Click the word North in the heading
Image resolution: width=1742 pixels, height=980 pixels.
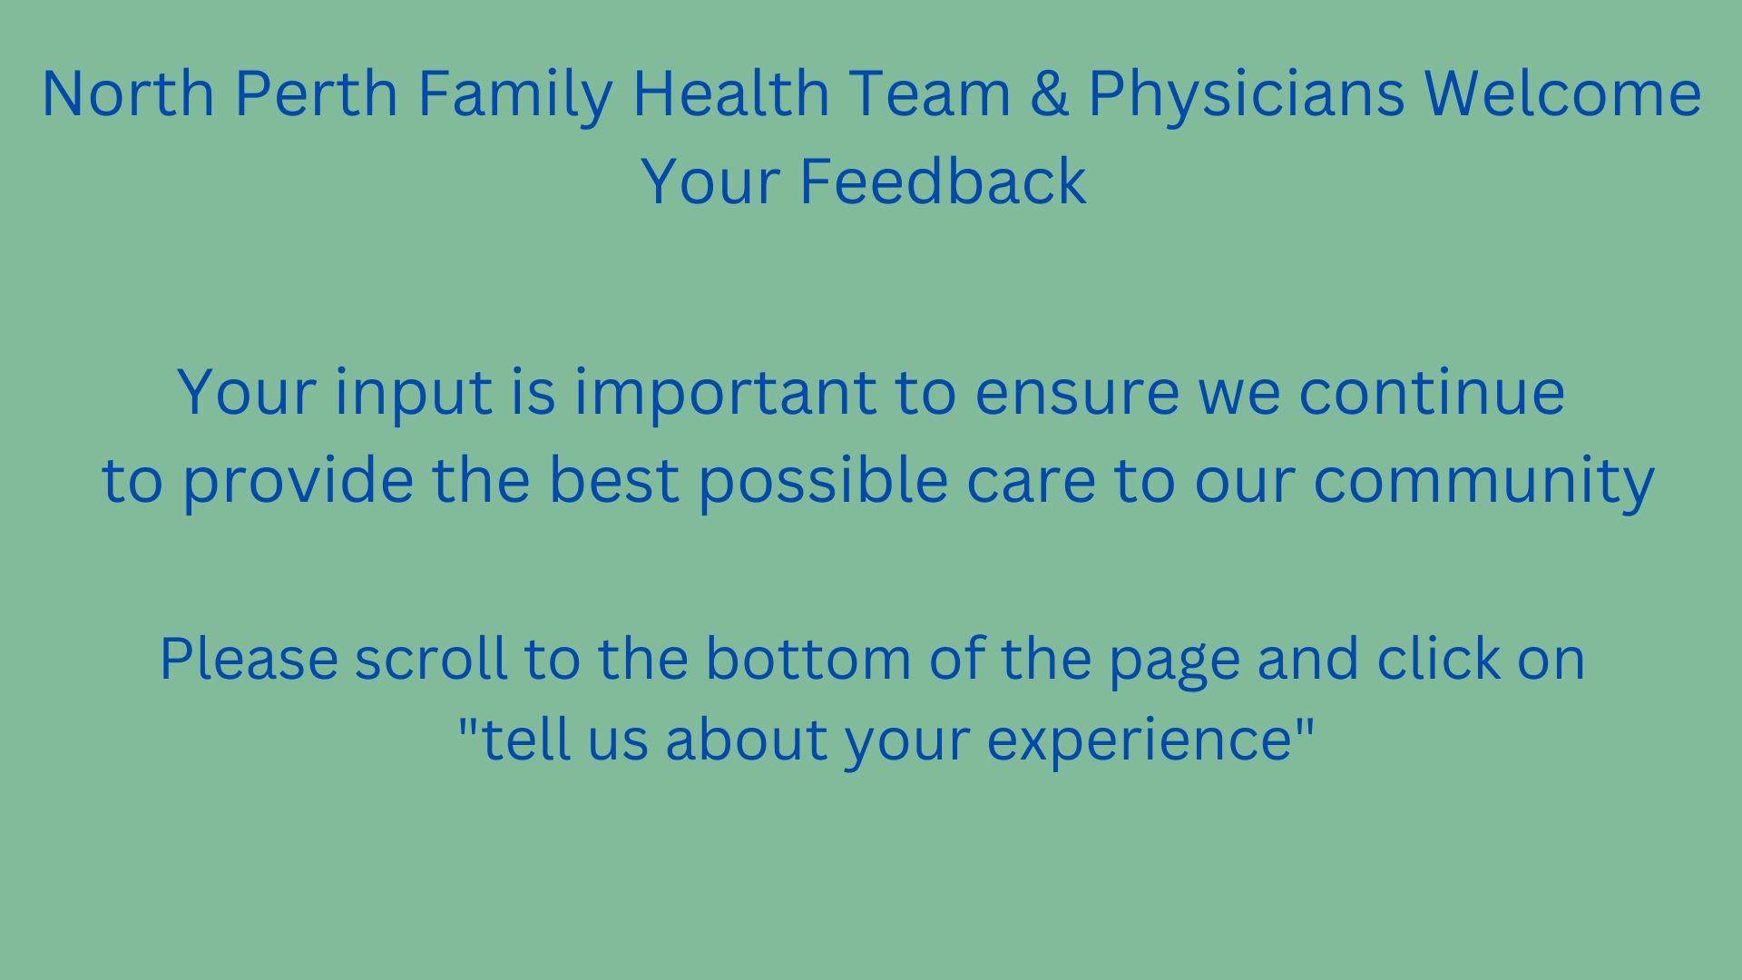coord(128,93)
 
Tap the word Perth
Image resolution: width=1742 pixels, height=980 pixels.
coord(317,93)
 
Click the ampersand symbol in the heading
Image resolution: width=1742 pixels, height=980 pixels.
coord(1050,93)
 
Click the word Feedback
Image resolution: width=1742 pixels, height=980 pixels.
coord(943,181)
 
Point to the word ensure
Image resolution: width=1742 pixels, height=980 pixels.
coord(1078,394)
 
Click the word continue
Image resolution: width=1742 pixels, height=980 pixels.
coord(1432,392)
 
